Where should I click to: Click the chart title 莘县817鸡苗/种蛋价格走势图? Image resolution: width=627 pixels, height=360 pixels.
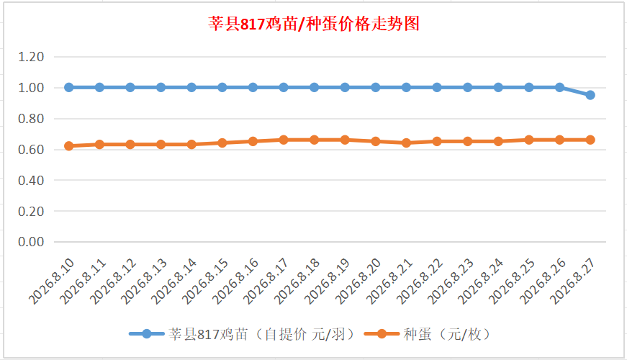[314, 24]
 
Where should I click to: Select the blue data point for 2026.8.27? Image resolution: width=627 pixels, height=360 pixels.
[590, 95]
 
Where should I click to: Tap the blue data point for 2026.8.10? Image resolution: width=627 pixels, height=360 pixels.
[69, 87]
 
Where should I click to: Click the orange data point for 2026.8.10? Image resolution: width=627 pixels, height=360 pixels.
[69, 146]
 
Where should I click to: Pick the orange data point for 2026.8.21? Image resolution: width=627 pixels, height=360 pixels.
[406, 143]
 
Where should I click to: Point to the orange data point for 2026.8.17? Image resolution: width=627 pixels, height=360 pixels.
[284, 140]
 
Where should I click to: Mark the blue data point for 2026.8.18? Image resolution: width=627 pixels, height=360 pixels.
[315, 87]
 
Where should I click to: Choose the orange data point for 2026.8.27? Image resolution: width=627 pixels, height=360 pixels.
[590, 140]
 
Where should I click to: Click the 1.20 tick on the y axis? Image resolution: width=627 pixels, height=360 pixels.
[31, 57]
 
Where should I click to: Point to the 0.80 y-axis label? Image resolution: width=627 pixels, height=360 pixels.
[31, 118]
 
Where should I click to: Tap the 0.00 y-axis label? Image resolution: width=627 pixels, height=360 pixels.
[31, 242]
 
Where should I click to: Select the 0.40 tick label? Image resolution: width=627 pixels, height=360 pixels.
[31, 180]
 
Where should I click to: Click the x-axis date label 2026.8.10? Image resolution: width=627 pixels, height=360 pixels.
[52, 282]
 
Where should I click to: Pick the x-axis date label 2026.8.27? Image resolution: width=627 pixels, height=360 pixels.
[572, 282]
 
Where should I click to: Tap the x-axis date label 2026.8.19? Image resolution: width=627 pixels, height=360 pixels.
[328, 282]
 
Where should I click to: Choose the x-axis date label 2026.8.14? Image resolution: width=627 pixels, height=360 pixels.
[174, 282]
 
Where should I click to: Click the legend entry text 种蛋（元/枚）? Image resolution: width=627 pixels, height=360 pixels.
[447, 334]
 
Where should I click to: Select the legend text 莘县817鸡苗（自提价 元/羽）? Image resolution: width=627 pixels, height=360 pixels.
[261, 334]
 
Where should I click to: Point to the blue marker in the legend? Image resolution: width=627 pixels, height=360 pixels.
[147, 333]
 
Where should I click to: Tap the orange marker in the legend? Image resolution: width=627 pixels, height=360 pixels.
[382, 333]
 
